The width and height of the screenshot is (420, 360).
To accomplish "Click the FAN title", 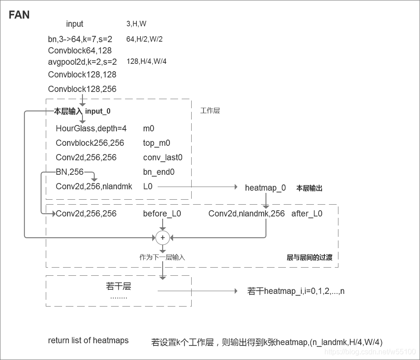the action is [19, 15].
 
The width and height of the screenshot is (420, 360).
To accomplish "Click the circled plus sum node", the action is [162, 237].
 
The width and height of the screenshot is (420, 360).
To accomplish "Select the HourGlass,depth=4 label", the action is [91, 129].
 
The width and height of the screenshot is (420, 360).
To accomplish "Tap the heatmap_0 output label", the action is [266, 187].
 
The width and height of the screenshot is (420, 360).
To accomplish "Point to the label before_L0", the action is [162, 214].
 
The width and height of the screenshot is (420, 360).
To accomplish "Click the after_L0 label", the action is [307, 214].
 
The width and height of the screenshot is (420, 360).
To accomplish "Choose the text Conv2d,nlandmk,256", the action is [246, 214].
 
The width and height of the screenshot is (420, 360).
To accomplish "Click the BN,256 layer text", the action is [70, 172].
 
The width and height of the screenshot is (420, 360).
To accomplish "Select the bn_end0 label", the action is [159, 172].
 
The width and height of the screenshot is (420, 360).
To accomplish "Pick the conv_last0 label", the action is [163, 158].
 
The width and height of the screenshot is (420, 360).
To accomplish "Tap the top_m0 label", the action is [156, 143].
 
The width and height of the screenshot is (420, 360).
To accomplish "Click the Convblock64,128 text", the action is [80, 51].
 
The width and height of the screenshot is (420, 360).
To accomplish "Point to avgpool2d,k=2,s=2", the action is [82, 62].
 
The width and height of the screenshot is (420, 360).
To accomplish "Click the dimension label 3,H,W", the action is [136, 24].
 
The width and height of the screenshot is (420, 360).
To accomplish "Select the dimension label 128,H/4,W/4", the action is [146, 62].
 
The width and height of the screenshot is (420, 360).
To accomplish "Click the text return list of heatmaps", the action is [88, 341].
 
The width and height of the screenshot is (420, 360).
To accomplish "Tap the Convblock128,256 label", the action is [82, 89].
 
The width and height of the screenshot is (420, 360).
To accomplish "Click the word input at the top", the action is [75, 24].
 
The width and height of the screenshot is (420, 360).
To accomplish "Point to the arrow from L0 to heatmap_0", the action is [197, 187].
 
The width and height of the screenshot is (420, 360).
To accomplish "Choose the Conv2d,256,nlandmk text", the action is [94, 186].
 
